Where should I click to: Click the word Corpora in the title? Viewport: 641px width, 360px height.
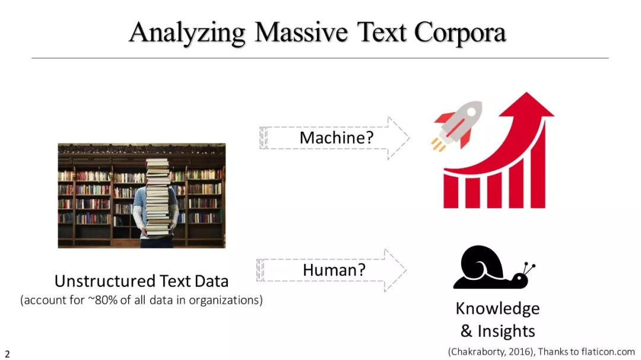pos(460,33)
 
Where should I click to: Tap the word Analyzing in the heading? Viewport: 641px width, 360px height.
pos(187,33)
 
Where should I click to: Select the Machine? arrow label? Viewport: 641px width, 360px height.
pos(337,138)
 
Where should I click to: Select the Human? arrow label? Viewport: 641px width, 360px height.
pos(334,270)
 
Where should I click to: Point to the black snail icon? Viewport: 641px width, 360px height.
pos(494,267)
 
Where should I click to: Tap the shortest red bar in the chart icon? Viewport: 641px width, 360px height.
pos(451,192)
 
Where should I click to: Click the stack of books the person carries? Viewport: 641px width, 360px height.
pos(158,197)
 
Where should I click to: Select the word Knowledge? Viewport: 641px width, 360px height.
pos(497,308)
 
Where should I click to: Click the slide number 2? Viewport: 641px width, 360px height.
pos(7,354)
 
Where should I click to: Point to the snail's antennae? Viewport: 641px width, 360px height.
pos(529,268)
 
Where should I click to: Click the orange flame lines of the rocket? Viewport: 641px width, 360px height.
pos(438,145)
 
